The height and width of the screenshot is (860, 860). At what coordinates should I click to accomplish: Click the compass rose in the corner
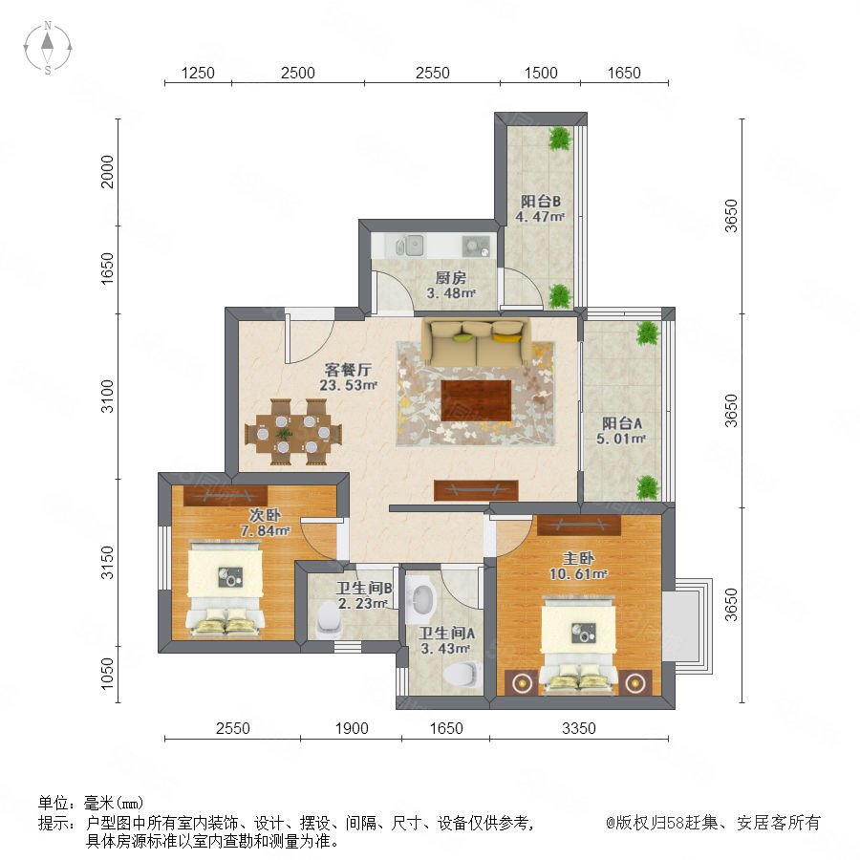pos(48,48)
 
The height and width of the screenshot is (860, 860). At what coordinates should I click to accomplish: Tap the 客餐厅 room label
pos(348,369)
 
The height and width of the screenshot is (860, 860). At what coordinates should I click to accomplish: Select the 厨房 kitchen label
pos(451,277)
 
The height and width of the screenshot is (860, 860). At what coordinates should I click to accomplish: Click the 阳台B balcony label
pos(540,202)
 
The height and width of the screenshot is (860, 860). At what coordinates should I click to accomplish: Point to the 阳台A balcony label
pos(621,423)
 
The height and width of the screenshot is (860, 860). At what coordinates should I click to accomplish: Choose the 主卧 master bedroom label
pos(578,558)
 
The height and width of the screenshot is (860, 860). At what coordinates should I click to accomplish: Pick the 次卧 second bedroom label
pos(265,515)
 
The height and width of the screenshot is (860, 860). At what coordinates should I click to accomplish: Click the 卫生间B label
pos(364,589)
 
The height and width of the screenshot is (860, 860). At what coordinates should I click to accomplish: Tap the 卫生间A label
pos(446,634)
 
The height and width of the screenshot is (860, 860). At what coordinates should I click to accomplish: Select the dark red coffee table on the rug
pos(476,400)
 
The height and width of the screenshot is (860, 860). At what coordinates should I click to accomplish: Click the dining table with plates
pos(293,433)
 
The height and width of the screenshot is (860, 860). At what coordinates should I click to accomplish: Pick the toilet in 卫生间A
pos(462,674)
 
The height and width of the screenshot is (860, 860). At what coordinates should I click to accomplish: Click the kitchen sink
pos(410,246)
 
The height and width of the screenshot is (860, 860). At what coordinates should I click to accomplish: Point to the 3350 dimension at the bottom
pos(579,728)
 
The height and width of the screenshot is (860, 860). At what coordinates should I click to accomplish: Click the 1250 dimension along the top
pos(198,73)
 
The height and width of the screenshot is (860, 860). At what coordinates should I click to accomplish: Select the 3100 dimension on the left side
pos(107,396)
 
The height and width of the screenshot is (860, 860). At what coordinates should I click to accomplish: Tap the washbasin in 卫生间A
pos(422,598)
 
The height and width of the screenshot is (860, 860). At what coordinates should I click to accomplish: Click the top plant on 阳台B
pos(560,139)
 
